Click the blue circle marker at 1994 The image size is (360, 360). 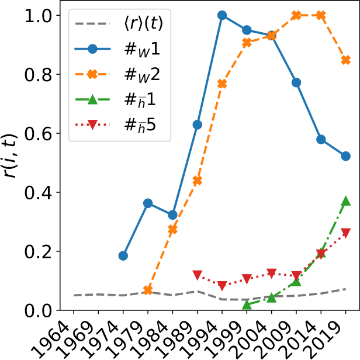(x=222, y=15)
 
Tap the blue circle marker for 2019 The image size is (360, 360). (x=345, y=156)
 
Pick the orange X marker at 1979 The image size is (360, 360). (x=148, y=290)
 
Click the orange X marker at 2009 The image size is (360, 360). (x=296, y=15)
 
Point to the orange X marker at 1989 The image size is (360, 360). (x=198, y=181)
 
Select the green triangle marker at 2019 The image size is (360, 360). (x=345, y=201)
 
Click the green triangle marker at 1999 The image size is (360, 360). (x=247, y=305)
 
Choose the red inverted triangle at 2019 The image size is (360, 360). (x=345, y=233)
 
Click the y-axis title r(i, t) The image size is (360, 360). (x=12, y=162)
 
